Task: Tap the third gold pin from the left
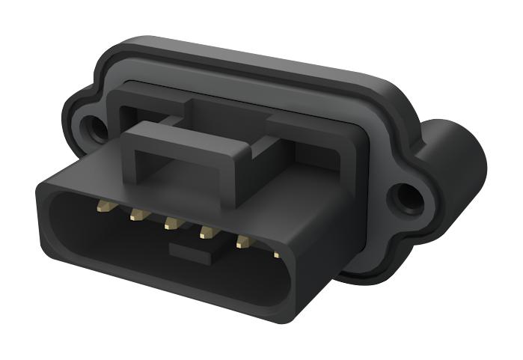click(x=171, y=224)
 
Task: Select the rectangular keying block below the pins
click(x=192, y=251)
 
